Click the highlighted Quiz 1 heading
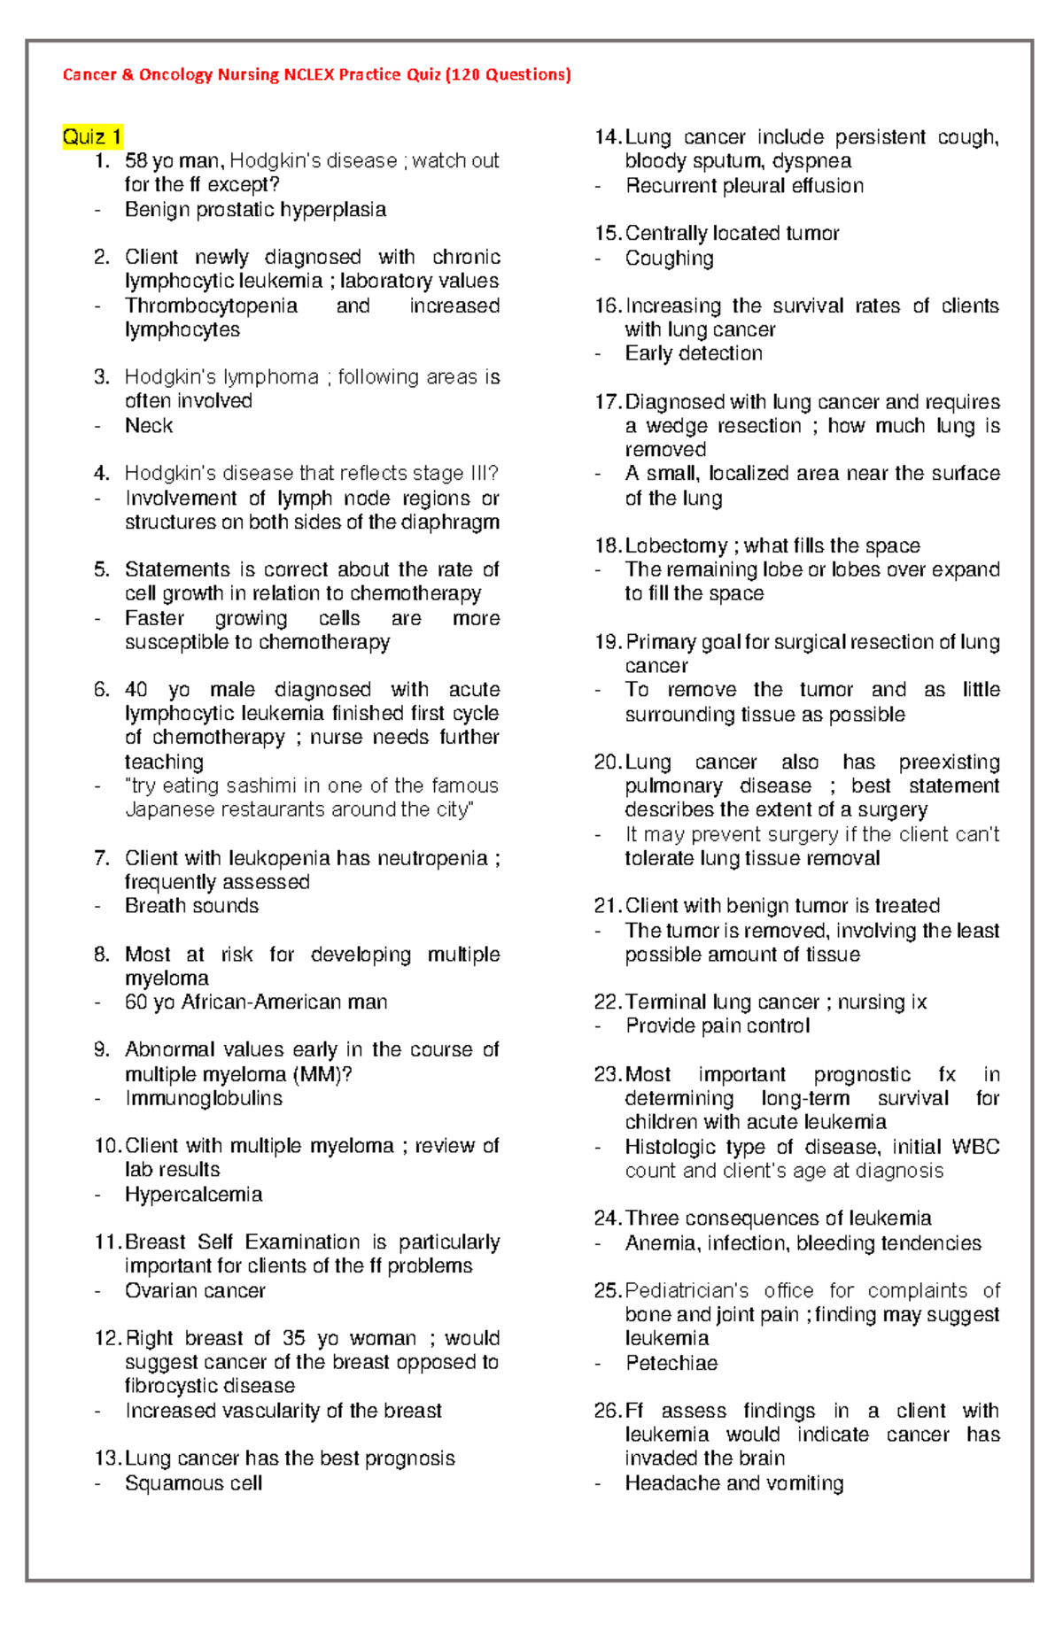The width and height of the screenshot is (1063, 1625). click(x=91, y=136)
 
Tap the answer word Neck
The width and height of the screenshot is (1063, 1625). click(x=149, y=426)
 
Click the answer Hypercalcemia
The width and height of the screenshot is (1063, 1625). click(x=193, y=1195)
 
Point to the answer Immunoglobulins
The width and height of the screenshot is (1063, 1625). click(x=204, y=1098)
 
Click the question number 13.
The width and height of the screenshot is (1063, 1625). click(x=106, y=1459)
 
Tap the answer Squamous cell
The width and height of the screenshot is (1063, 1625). click(x=193, y=1483)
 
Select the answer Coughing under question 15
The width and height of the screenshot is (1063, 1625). click(x=669, y=259)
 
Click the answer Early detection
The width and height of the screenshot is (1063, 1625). click(x=694, y=353)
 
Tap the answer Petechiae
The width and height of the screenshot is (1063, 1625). click(x=671, y=1363)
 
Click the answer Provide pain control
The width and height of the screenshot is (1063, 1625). click(x=718, y=1025)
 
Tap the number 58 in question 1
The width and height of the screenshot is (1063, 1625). click(x=136, y=161)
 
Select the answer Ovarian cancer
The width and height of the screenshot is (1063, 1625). click(x=195, y=1291)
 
